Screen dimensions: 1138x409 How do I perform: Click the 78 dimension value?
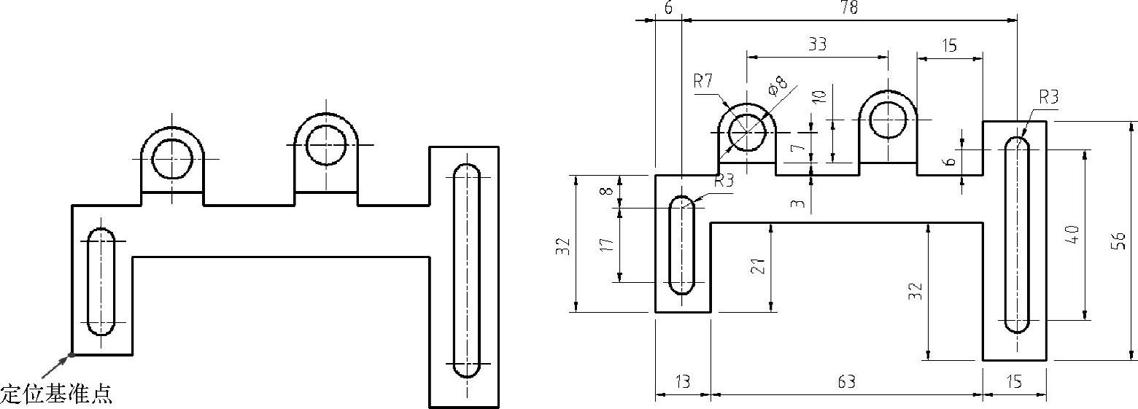849,7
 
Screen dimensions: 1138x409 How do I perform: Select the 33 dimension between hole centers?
817,44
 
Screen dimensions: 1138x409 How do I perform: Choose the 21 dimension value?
758,266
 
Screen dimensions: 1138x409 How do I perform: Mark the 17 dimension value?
607,244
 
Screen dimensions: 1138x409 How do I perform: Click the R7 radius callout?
703,81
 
